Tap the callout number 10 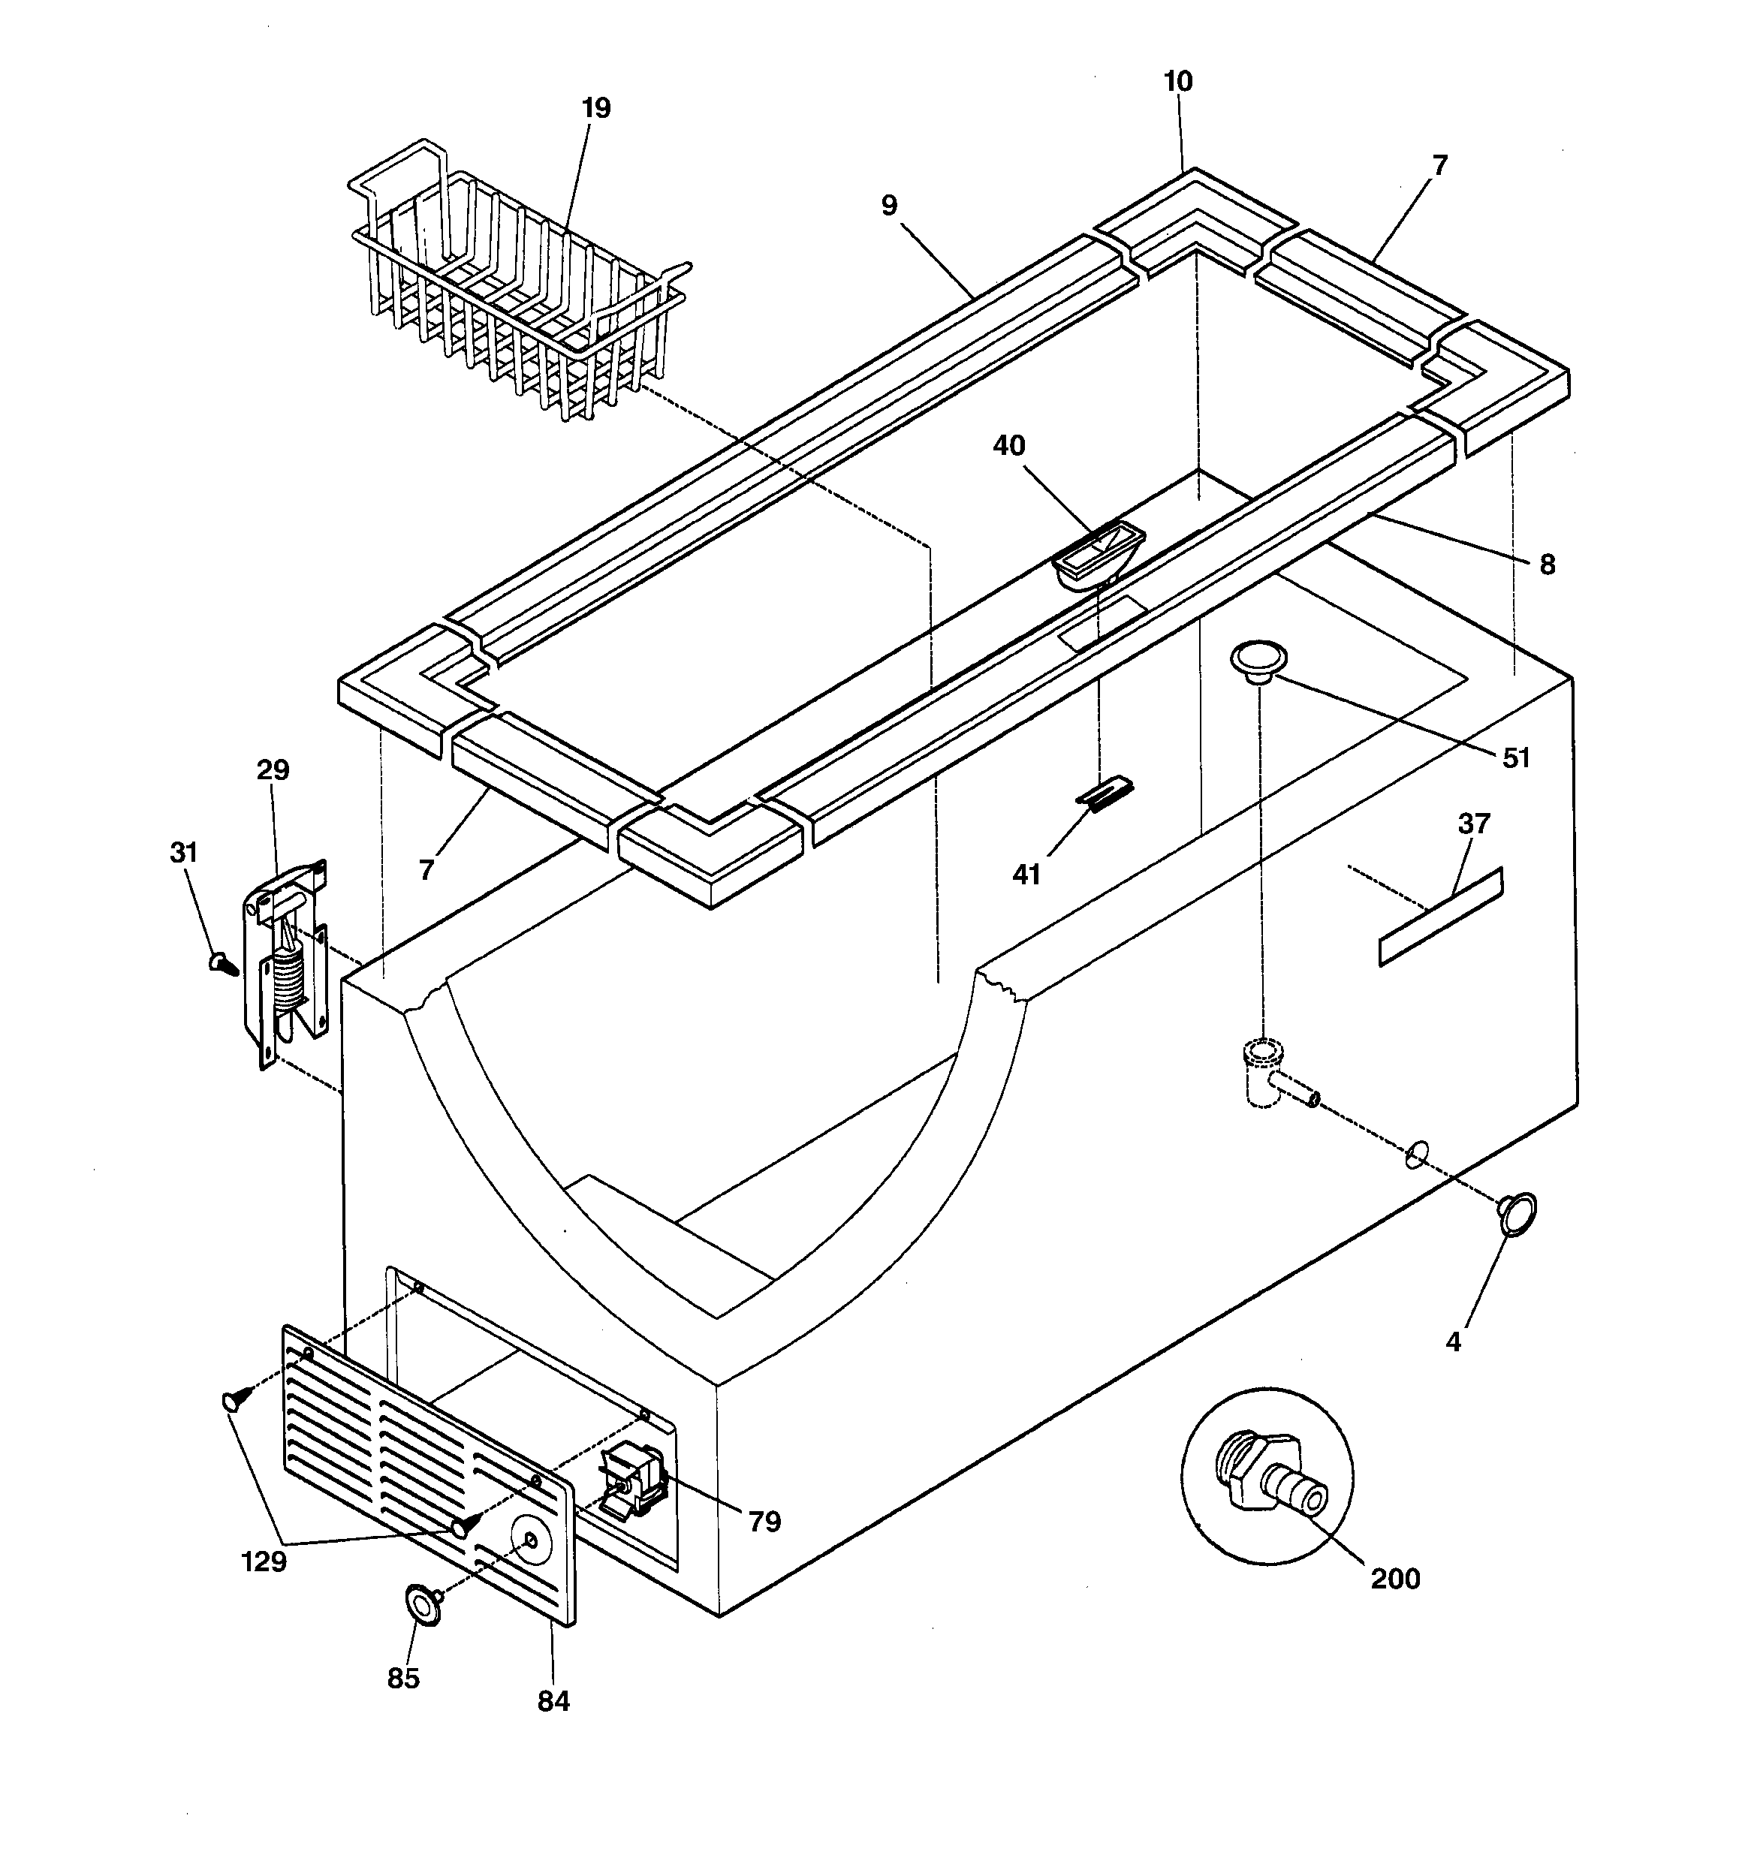coord(1177,83)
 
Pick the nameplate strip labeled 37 coord(1440,917)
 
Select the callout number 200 coord(1395,1578)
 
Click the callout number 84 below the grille coord(553,1701)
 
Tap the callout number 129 coord(264,1561)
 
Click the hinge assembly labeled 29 coord(286,962)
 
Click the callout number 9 coord(888,206)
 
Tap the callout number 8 coord(1547,565)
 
